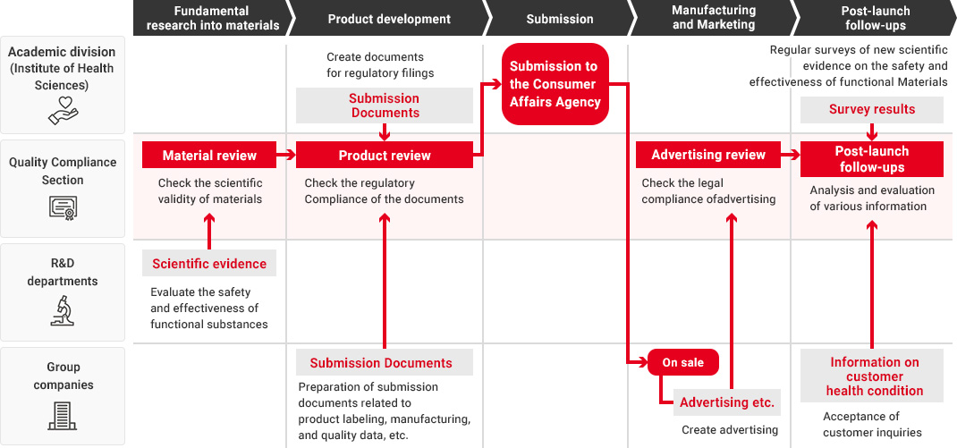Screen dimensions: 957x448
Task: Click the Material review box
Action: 209,155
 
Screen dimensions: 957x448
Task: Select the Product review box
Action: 385,155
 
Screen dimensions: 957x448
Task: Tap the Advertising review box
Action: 708,155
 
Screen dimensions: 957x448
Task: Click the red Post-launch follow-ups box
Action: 871,158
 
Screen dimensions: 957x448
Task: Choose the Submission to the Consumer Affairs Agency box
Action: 555,84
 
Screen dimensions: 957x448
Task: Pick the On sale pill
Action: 683,362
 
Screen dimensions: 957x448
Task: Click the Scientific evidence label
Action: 209,263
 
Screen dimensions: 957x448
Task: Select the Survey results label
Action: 871,109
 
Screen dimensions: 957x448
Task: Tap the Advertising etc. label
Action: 727,402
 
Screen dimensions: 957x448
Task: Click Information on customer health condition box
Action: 874,376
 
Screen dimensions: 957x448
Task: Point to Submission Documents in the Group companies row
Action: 385,362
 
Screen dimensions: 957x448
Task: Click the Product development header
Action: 389,18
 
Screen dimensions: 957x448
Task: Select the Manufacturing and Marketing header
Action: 714,18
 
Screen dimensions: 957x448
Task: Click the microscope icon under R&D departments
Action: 63,310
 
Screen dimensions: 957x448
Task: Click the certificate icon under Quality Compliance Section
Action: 63,207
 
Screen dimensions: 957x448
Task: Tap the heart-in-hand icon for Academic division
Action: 63,111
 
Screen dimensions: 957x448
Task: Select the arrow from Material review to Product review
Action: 286,155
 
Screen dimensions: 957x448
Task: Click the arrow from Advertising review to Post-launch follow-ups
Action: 791,155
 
